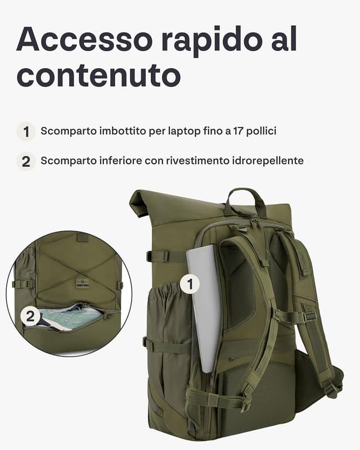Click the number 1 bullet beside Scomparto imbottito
pos(25,132)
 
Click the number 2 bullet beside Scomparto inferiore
pos(25,161)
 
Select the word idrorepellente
pos(267,161)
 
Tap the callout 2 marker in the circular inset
pos(30,317)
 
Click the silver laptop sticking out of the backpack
pos(204,304)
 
